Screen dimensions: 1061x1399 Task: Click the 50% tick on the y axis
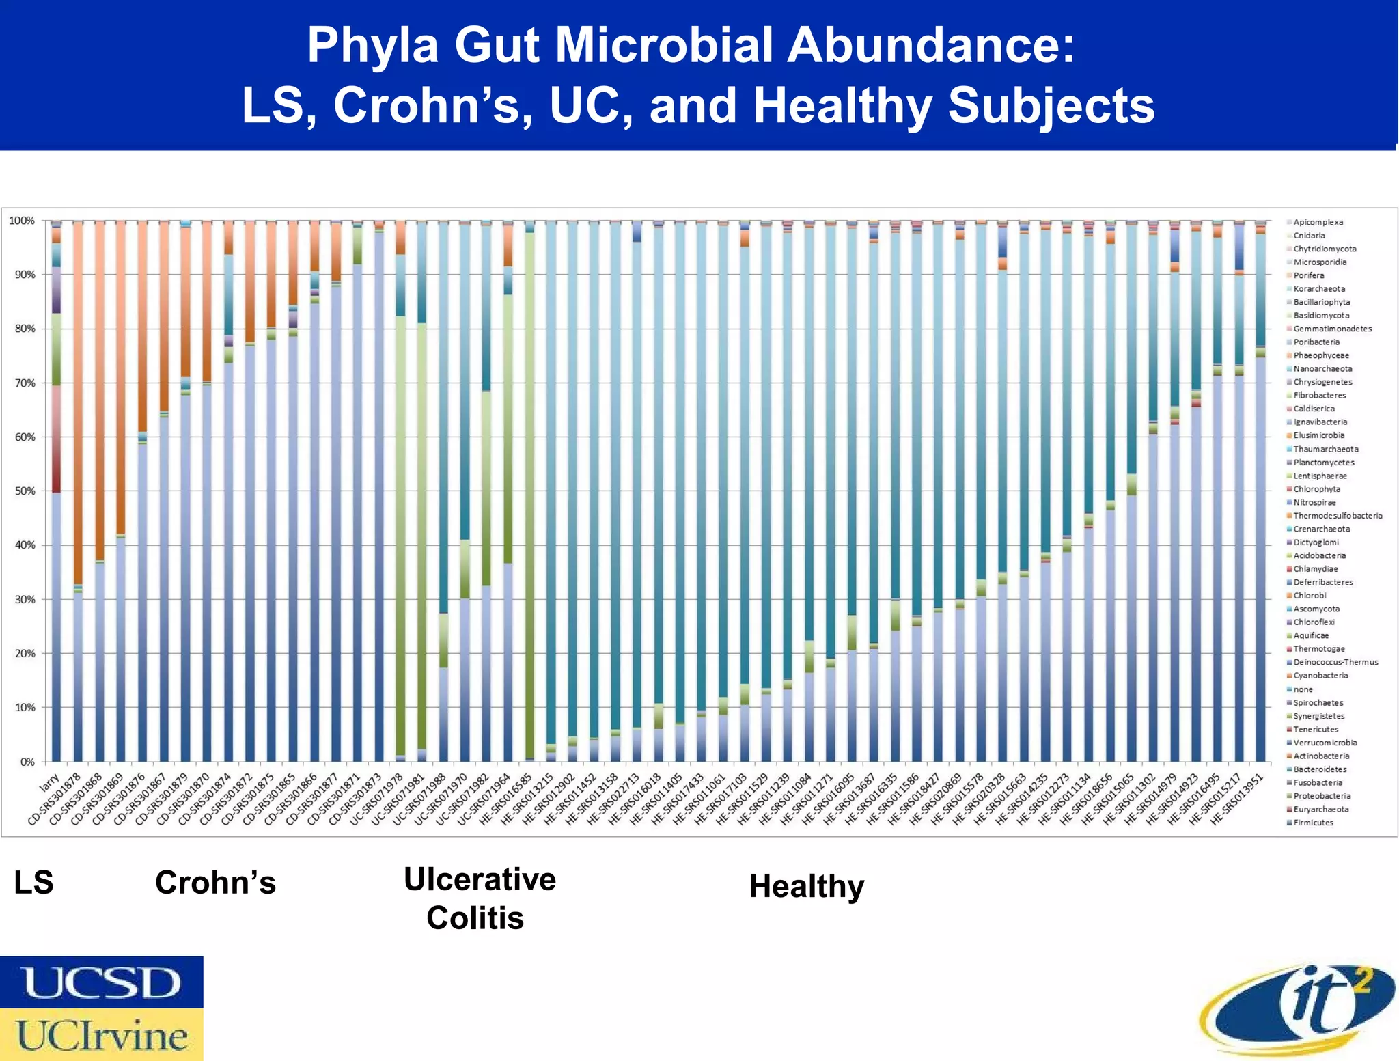22,491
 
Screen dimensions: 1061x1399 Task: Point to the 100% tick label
21,221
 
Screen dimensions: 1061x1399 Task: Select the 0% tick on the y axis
27,762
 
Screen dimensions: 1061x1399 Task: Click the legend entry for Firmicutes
1313,823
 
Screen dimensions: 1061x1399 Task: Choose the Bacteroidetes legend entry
1320,769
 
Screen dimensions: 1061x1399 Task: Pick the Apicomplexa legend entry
1318,222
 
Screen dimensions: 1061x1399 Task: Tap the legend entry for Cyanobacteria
1320,676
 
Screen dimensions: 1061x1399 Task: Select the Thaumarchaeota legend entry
1325,449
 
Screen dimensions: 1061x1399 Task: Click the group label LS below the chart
33,882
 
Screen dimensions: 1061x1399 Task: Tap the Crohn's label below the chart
215,882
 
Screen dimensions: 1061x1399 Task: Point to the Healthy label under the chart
806,886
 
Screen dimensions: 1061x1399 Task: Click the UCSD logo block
101,982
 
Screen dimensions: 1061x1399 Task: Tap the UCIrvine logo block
101,1034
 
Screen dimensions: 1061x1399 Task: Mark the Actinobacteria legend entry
1321,756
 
